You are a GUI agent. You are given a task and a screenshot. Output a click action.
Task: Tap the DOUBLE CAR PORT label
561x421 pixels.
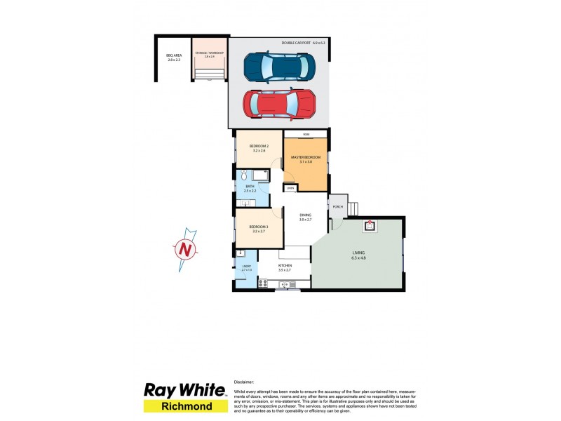pyautogui.click(x=304, y=43)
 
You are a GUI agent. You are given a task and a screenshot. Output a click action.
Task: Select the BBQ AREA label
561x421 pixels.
pyautogui.click(x=174, y=58)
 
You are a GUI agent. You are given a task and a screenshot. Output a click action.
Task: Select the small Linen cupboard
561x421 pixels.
pyautogui.click(x=290, y=188)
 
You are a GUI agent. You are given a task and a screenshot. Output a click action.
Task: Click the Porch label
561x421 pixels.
pyautogui.click(x=337, y=206)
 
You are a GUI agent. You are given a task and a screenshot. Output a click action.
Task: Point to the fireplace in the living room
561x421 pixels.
pyautogui.click(x=370, y=225)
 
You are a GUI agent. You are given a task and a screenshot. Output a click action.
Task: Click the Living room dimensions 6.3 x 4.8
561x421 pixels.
pyautogui.click(x=358, y=258)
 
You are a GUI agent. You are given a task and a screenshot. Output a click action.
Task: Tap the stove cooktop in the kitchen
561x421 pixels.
pyautogui.click(x=264, y=283)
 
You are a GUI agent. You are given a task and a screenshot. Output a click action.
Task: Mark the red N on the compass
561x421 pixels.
pyautogui.click(x=184, y=248)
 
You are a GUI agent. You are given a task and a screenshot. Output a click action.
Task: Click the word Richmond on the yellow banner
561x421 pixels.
pyautogui.click(x=185, y=406)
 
